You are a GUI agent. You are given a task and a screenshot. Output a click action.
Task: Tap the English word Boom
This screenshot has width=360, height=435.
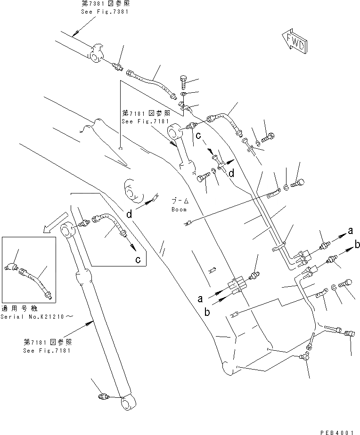click(179, 209)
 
